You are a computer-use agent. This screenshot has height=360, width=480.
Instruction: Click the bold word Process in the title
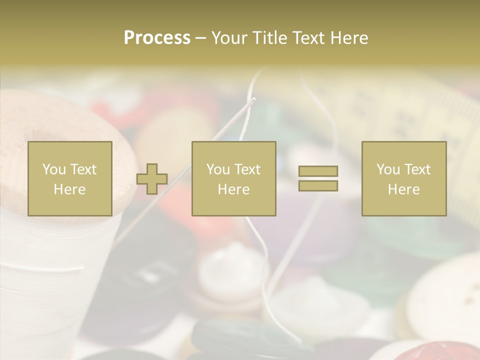[x=157, y=38]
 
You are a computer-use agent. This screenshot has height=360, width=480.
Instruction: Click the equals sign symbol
[x=318, y=178]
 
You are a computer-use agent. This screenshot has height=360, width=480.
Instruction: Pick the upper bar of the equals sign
[x=318, y=171]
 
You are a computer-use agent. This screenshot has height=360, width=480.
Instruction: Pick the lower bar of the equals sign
[x=318, y=185]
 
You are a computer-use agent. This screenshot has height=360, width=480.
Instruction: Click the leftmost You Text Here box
[x=70, y=178]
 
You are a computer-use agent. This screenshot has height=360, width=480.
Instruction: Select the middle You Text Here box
[x=233, y=178]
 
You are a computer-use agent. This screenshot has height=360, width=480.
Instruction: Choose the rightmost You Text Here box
[x=404, y=178]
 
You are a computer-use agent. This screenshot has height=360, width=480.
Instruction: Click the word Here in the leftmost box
[x=70, y=189]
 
